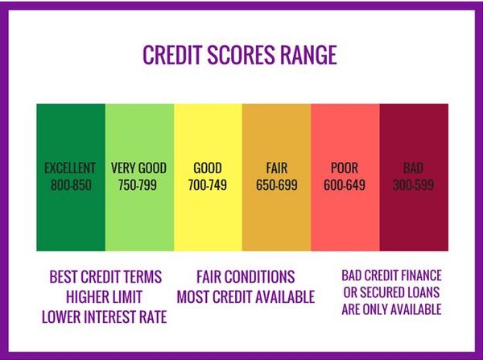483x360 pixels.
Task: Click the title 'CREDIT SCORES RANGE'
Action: point(239,55)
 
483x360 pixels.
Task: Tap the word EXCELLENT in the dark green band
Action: point(70,168)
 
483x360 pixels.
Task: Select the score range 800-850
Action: point(70,185)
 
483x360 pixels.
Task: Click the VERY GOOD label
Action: point(139,168)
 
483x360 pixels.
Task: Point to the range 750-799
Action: point(139,185)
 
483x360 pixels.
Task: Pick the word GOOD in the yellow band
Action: point(208,168)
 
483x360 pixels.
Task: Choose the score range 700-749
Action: point(208,185)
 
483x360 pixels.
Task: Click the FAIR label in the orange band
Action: point(276,168)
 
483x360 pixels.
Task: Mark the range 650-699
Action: point(276,185)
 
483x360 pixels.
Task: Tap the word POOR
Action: point(345,168)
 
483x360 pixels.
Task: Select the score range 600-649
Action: point(345,185)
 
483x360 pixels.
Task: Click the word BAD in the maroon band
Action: point(413,168)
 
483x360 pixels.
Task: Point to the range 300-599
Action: point(413,185)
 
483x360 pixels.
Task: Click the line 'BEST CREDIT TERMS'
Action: point(105,277)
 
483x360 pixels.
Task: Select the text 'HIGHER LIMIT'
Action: point(105,297)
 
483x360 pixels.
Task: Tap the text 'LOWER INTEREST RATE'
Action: point(105,317)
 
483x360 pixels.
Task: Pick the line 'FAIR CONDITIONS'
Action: point(245,277)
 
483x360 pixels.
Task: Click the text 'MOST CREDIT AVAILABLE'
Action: point(245,297)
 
